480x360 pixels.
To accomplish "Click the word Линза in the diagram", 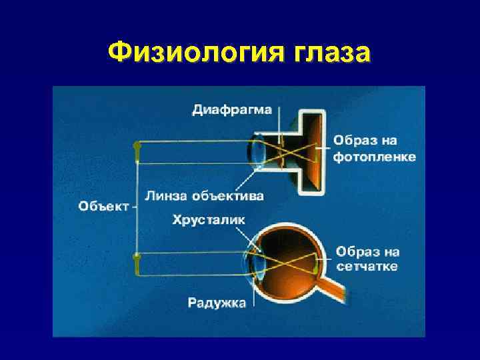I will (x=166, y=196).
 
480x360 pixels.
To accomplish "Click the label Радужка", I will (x=217, y=303).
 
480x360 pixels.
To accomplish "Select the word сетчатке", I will (x=367, y=267).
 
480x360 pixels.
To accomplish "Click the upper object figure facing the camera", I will (x=137, y=152).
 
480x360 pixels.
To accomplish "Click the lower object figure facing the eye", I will (x=137, y=263).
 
